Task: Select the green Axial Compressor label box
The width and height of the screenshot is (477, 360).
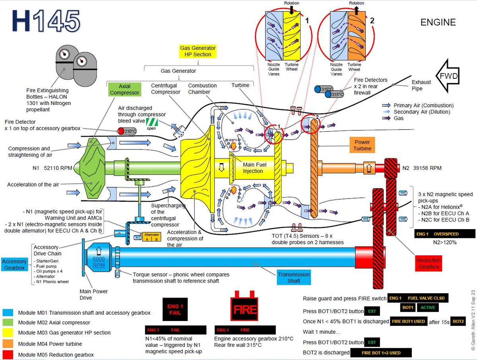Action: click(x=125, y=90)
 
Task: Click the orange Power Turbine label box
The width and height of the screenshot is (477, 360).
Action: click(x=362, y=145)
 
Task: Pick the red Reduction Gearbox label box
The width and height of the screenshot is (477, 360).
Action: click(x=429, y=264)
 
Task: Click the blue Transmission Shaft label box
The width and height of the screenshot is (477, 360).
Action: click(x=293, y=277)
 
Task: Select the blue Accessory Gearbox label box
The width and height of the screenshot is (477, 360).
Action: click(x=15, y=265)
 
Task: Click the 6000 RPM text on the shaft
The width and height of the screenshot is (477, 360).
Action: click(x=99, y=262)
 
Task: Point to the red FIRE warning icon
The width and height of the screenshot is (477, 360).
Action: click(x=244, y=309)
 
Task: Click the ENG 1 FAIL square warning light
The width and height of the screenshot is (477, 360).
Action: click(x=175, y=310)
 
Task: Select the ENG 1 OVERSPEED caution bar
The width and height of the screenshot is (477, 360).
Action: click(x=445, y=234)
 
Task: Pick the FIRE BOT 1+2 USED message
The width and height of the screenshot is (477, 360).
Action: click(x=381, y=352)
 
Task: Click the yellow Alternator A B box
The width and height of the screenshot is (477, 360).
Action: click(x=151, y=237)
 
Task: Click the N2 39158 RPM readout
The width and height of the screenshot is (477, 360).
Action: click(x=422, y=168)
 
